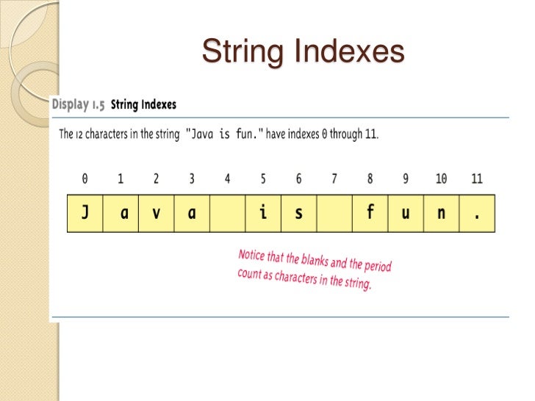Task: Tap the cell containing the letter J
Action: (x=85, y=213)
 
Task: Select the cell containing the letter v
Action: (x=156, y=213)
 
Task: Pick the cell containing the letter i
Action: (x=263, y=213)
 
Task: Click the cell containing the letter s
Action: (x=298, y=213)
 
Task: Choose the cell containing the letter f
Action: (x=370, y=213)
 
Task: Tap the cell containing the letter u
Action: (x=406, y=213)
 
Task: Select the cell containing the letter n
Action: (x=441, y=213)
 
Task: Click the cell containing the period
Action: (x=477, y=213)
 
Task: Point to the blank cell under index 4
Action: (x=227, y=213)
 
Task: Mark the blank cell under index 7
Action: (x=334, y=213)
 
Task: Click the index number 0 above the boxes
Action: (x=85, y=178)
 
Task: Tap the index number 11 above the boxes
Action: (x=478, y=178)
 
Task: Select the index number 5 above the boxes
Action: (x=263, y=178)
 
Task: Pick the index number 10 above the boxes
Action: (x=441, y=178)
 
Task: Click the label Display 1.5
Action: (x=78, y=105)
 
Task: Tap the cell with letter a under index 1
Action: (x=121, y=213)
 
